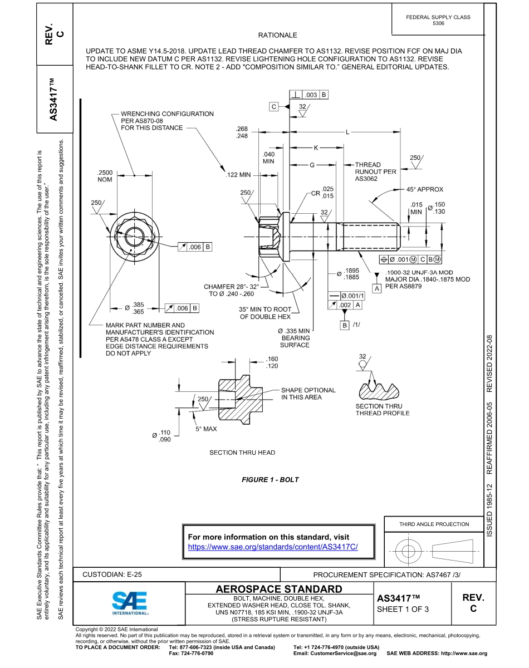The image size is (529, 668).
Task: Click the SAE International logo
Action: click(x=129, y=602)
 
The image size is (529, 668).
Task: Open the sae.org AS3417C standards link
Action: click(x=273, y=547)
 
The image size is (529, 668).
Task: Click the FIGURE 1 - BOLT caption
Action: click(x=270, y=479)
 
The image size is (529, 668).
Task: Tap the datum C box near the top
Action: click(x=274, y=106)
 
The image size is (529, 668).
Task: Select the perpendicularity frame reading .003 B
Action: click(x=309, y=95)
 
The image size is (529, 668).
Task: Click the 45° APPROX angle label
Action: click(x=424, y=189)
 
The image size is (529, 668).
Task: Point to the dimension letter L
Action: click(x=347, y=132)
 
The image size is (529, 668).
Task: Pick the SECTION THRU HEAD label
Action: click(x=242, y=453)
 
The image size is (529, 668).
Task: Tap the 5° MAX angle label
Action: click(x=206, y=429)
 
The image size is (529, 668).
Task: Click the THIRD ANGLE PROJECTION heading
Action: click(x=434, y=524)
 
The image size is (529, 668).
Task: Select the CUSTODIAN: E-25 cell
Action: click(x=116, y=574)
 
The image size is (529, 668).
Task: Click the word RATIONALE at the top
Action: click(x=278, y=35)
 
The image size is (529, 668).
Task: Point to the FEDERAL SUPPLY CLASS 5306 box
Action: click(x=438, y=20)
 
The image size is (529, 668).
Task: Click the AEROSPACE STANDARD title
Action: click(x=279, y=589)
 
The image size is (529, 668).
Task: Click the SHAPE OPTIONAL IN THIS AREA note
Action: click(x=308, y=394)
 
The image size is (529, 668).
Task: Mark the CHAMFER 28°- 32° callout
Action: click(x=232, y=289)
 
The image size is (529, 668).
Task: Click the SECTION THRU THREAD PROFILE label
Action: click(x=382, y=410)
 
